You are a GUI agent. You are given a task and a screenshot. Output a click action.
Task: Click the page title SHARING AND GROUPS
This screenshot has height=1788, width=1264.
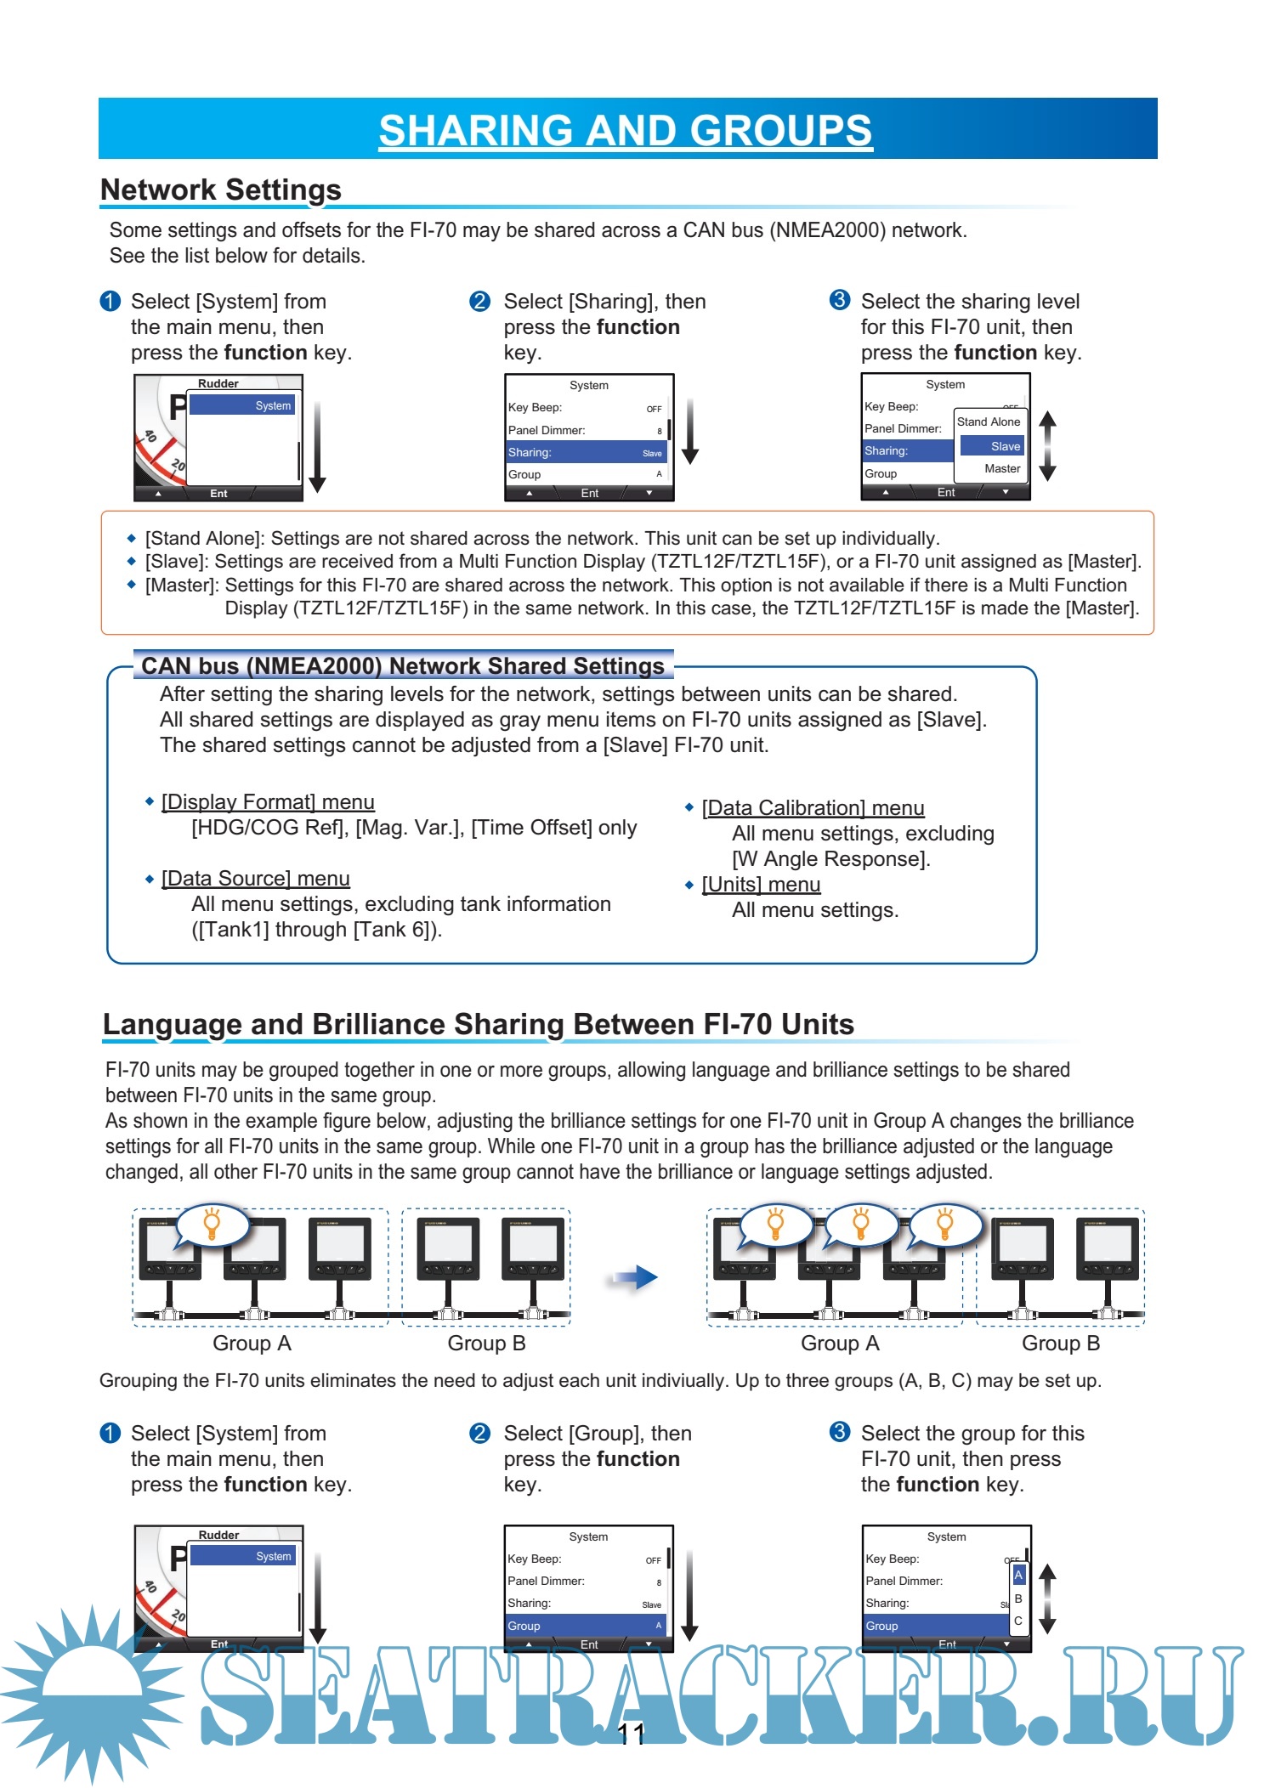pos(625,130)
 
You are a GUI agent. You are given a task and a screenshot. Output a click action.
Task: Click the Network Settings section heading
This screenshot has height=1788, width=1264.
pos(221,190)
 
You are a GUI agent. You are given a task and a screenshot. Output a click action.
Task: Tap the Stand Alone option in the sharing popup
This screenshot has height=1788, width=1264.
pos(988,422)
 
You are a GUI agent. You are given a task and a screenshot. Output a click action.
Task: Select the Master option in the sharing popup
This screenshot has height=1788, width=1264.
pos(1001,468)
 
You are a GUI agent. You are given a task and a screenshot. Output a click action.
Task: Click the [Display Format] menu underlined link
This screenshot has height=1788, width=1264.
pos(268,802)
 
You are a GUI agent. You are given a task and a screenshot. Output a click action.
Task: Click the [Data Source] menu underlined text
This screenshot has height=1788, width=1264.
pos(255,879)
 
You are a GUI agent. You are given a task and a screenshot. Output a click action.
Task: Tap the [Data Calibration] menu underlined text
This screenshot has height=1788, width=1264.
pos(813,808)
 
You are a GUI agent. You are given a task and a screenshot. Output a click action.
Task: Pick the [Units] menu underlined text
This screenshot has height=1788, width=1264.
pos(761,885)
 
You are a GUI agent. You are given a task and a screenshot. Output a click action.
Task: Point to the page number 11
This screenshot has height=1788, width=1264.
pos(631,1734)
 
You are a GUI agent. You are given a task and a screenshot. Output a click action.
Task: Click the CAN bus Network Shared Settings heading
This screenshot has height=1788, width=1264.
pos(403,665)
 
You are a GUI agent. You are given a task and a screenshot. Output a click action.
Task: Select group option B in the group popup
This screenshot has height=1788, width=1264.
pos(1018,1598)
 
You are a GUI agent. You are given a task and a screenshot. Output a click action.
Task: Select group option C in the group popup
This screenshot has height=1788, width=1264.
pos(1018,1621)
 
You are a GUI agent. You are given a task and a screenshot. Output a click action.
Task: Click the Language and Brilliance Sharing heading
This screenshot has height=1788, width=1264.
pos(478,1024)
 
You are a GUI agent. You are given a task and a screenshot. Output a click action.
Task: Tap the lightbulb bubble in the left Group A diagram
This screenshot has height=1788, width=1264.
pos(213,1225)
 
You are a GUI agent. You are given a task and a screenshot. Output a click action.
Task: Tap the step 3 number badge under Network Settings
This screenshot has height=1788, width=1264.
pos(839,300)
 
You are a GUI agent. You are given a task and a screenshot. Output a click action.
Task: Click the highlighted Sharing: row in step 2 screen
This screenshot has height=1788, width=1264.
pos(586,452)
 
